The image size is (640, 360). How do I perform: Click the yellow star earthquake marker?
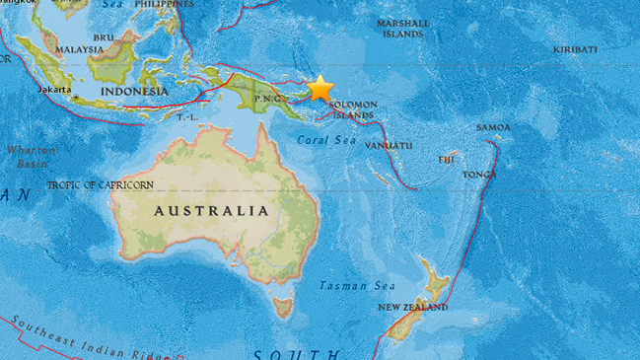point(320,89)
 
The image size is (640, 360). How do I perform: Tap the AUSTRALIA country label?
point(210,211)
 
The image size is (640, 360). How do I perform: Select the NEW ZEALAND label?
point(414,307)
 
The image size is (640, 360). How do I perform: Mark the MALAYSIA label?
point(81,48)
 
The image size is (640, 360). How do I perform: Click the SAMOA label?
point(493,127)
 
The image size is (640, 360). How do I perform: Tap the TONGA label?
point(480,175)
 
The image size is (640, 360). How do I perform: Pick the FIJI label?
point(448,159)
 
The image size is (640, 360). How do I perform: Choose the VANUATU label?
point(389,145)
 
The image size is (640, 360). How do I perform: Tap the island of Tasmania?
point(283,307)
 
